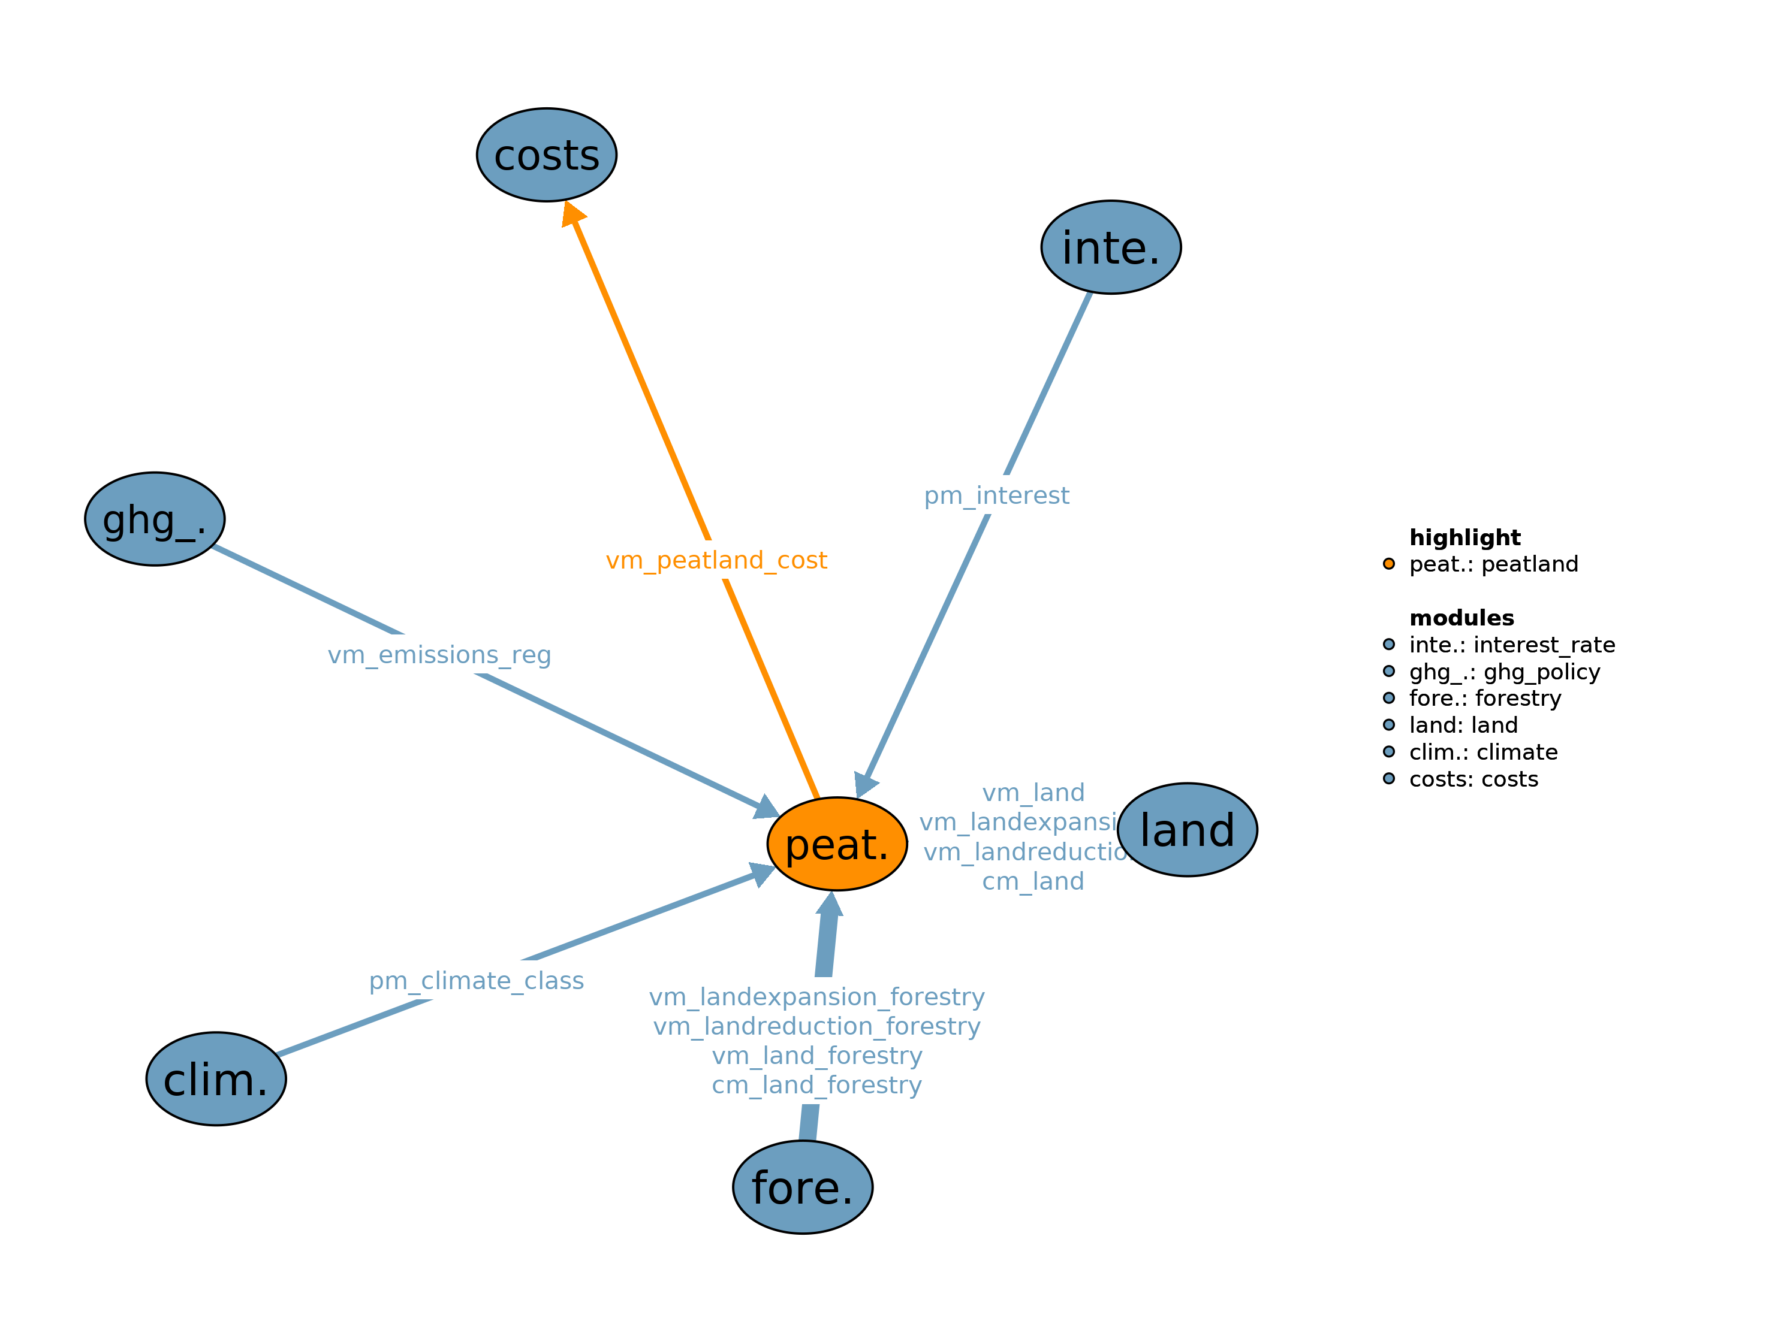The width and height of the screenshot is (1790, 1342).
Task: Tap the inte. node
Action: coord(1110,247)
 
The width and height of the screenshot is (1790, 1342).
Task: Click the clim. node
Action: coord(216,1078)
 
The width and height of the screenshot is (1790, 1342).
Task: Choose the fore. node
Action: coord(802,1187)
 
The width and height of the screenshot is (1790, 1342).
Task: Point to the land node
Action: coord(1186,829)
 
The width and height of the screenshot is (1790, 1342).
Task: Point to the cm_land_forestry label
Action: coord(816,1085)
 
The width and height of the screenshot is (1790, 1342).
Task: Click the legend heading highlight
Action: coord(1464,537)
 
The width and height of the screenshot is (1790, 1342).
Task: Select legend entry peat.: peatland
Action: coord(1493,564)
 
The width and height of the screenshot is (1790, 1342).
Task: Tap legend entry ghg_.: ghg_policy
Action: coord(1504,672)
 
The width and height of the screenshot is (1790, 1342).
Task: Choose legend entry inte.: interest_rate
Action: coord(1512,645)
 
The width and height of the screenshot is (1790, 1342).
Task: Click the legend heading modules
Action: coord(1461,618)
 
